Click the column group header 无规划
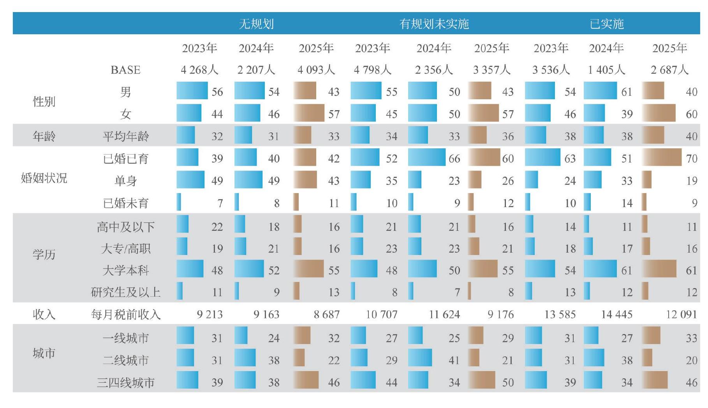(x=256, y=24)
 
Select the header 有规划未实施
(x=434, y=24)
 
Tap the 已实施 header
(x=607, y=24)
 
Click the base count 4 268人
(x=199, y=70)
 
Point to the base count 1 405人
(x=607, y=70)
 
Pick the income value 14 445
(x=617, y=314)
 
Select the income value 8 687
(x=327, y=314)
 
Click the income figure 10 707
(x=382, y=314)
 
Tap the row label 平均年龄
(x=126, y=136)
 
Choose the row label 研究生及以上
(x=126, y=292)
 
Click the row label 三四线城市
(x=126, y=383)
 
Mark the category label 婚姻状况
(x=44, y=178)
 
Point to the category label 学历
(x=44, y=255)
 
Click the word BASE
(x=125, y=70)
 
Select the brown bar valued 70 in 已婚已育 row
(x=662, y=157)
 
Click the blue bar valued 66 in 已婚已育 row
(x=427, y=157)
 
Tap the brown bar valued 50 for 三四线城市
(x=482, y=380)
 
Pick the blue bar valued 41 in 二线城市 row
(x=420, y=357)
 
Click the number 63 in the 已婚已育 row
(x=570, y=159)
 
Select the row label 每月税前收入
(x=126, y=315)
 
